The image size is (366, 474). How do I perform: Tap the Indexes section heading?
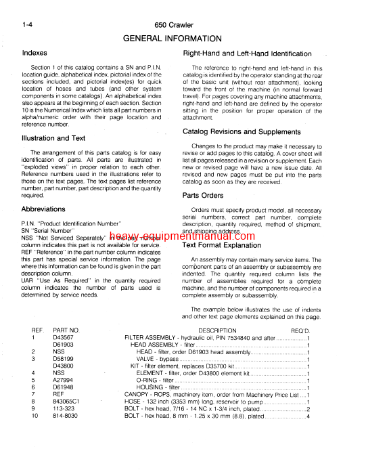35,53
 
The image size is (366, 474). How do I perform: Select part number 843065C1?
67,401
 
